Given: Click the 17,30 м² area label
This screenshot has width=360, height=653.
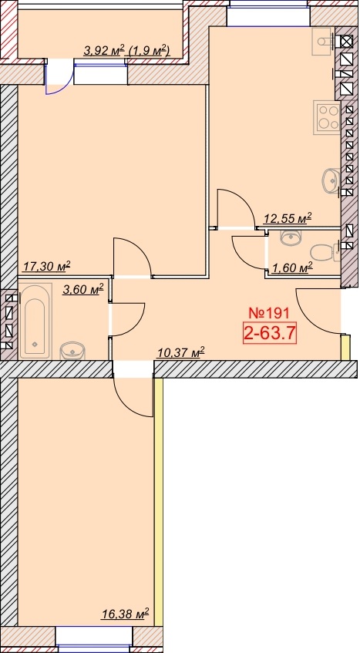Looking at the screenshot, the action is pyautogui.click(x=46, y=266).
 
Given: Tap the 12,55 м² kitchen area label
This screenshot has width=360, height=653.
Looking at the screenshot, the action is pyautogui.click(x=288, y=218).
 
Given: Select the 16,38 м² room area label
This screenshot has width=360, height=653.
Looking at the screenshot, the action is pyautogui.click(x=125, y=614).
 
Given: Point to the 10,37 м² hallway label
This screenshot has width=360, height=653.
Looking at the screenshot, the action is pyautogui.click(x=181, y=353).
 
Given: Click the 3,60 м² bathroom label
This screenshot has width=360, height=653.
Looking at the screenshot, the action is pyautogui.click(x=82, y=289).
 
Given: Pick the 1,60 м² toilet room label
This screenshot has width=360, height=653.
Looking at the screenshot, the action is pyautogui.click(x=291, y=268).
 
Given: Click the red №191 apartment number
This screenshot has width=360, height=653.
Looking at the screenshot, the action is pyautogui.click(x=270, y=313).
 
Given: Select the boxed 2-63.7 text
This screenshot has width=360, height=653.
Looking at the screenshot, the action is pyautogui.click(x=270, y=333).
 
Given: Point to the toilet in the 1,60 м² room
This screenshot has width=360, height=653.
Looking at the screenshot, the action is pyautogui.click(x=325, y=252).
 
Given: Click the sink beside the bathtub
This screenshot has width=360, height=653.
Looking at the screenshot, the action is pyautogui.click(x=72, y=351).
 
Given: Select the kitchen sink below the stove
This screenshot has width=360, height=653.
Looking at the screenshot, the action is pyautogui.click(x=331, y=181).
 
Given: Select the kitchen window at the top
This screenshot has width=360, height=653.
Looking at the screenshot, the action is pyautogui.click(x=269, y=12).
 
